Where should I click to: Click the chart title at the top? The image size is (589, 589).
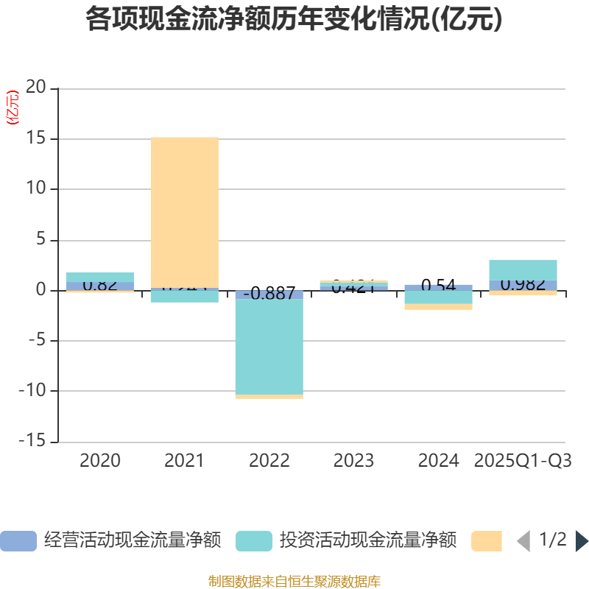(294, 20)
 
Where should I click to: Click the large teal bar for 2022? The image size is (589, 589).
(269, 346)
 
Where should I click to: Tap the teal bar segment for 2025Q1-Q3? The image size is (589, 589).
(523, 269)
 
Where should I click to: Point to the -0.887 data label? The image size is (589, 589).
(269, 294)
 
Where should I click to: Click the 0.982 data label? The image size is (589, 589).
(523, 285)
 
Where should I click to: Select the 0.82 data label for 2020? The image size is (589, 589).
(100, 285)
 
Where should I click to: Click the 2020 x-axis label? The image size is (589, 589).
(100, 461)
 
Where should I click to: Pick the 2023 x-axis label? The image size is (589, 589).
(353, 461)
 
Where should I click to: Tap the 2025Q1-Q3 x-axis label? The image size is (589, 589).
(523, 461)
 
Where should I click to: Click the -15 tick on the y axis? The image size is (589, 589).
(32, 442)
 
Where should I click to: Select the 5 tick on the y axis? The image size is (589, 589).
(41, 240)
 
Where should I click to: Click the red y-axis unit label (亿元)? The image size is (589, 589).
(13, 107)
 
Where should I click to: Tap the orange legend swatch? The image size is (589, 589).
(486, 540)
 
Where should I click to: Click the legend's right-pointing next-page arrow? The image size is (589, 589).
(582, 541)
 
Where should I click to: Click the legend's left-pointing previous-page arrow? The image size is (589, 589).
(523, 541)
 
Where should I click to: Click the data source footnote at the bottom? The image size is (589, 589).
(294, 581)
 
